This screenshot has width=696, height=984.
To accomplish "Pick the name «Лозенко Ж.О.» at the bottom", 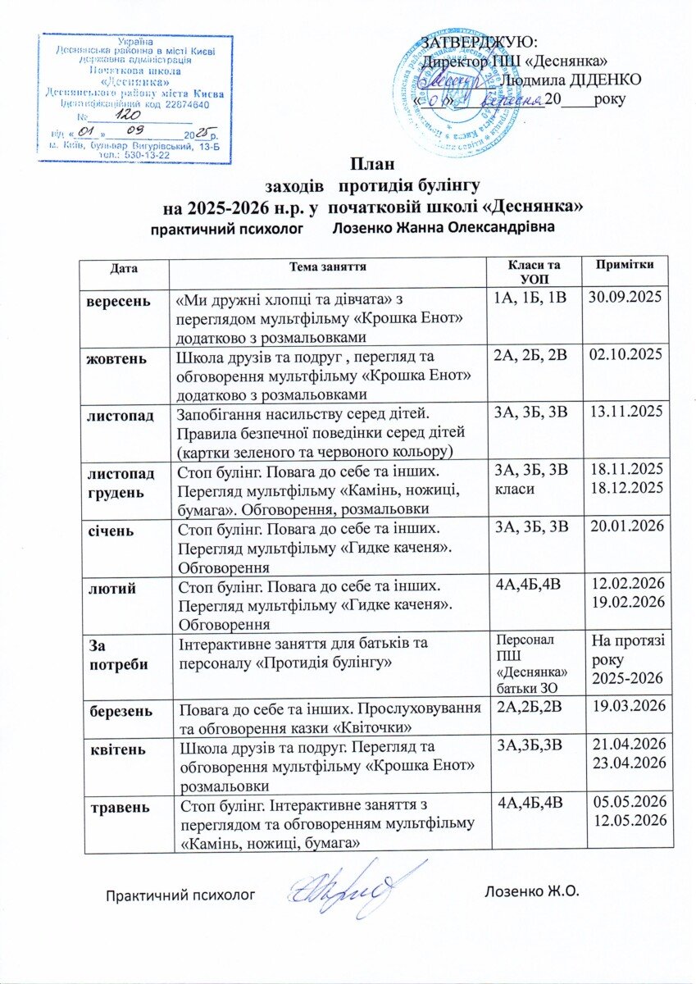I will pos(532,891).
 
